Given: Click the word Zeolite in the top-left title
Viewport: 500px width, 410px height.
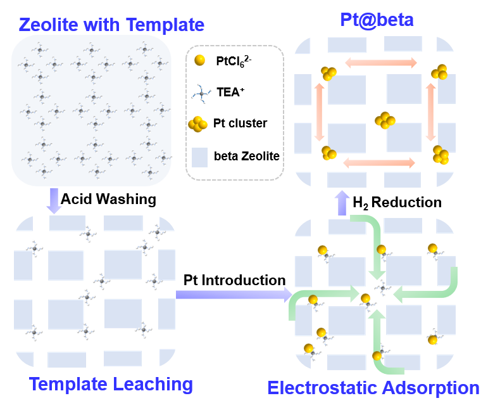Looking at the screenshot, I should click(x=48, y=25).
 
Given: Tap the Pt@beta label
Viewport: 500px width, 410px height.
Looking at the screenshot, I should click(x=377, y=20).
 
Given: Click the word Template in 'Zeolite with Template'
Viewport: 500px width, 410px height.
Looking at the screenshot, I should click(x=165, y=25).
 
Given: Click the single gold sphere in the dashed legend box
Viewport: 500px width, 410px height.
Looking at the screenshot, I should click(x=199, y=60).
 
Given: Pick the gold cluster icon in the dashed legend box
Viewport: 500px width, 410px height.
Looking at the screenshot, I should click(x=198, y=124).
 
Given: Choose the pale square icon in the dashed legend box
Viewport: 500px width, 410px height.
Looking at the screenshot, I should click(x=199, y=157).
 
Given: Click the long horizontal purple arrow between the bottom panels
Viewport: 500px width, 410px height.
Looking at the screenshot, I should click(x=234, y=294).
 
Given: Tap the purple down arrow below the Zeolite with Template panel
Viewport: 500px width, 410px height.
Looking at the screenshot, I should click(x=54, y=200).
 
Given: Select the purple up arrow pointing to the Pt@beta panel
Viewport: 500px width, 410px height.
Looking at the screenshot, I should click(x=342, y=203).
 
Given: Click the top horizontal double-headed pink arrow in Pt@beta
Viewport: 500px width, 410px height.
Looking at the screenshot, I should click(x=380, y=63).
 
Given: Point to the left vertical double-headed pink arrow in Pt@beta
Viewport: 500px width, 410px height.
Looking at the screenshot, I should click(x=319, y=112).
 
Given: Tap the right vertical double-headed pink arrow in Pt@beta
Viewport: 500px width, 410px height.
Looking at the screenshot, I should click(x=431, y=112).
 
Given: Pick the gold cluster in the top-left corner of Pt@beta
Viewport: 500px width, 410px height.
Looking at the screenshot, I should click(x=328, y=74).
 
